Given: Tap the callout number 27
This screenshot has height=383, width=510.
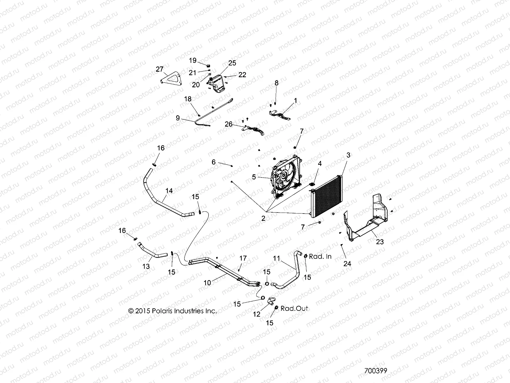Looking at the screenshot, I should (x=159, y=69).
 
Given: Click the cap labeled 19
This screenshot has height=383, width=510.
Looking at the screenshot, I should (x=209, y=66).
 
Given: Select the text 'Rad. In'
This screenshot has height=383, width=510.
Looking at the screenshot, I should (x=320, y=256).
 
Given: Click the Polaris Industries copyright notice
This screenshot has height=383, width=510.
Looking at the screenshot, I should (x=172, y=311).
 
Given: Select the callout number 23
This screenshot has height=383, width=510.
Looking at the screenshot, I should (x=371, y=242).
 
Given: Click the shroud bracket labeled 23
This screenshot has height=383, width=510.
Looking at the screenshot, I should (x=367, y=220).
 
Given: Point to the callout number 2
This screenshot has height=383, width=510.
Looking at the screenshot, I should (x=263, y=219).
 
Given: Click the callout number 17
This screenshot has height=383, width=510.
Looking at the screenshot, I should (x=243, y=258).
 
